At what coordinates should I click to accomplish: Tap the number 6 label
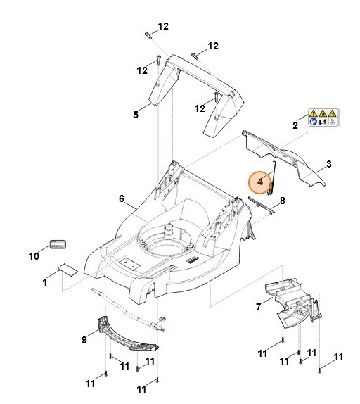[122, 199]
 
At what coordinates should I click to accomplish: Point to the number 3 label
[328, 166]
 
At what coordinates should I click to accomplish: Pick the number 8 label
[282, 201]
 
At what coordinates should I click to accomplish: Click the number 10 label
[33, 256]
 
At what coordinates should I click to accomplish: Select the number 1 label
[45, 282]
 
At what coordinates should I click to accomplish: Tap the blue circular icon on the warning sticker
[313, 122]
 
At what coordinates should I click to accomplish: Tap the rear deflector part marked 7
[288, 304]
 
